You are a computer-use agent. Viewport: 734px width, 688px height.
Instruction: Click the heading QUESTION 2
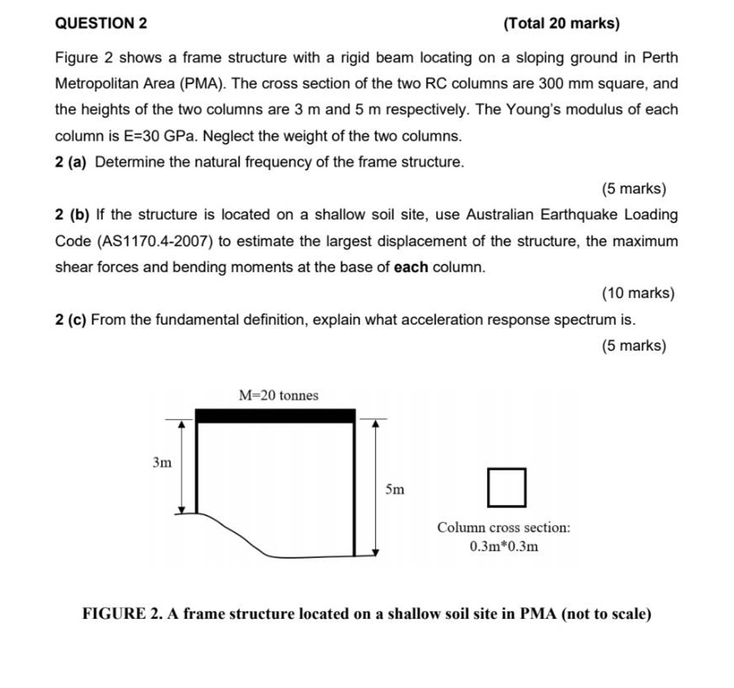101,23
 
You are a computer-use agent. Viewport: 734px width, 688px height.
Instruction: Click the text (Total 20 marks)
561,23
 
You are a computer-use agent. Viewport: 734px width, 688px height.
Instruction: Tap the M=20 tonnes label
278,396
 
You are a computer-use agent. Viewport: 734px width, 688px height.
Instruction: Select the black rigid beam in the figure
275,416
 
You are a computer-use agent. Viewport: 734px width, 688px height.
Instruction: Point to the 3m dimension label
162,462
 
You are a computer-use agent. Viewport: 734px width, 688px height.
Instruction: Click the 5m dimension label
395,490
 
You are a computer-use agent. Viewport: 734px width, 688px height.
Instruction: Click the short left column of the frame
197,468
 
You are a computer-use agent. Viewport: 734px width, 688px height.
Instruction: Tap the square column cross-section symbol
506,487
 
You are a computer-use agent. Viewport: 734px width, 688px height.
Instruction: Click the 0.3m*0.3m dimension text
503,547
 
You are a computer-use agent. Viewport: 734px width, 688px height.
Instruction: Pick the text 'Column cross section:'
503,528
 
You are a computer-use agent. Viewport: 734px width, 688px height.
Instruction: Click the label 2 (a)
71,162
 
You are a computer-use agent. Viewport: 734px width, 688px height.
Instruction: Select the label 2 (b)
72,215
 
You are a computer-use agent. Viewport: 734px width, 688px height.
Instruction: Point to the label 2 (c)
71,320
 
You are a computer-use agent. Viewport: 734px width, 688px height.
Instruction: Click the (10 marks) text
638,293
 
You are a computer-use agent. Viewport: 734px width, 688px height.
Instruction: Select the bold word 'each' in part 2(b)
410,267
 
